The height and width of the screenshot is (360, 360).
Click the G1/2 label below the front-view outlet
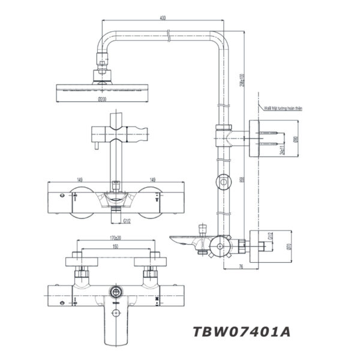click(x=127, y=223)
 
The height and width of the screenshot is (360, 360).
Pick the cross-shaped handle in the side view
click(x=220, y=246)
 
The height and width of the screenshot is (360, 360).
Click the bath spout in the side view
click(x=186, y=241)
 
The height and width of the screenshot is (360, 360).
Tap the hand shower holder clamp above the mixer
click(x=118, y=133)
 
